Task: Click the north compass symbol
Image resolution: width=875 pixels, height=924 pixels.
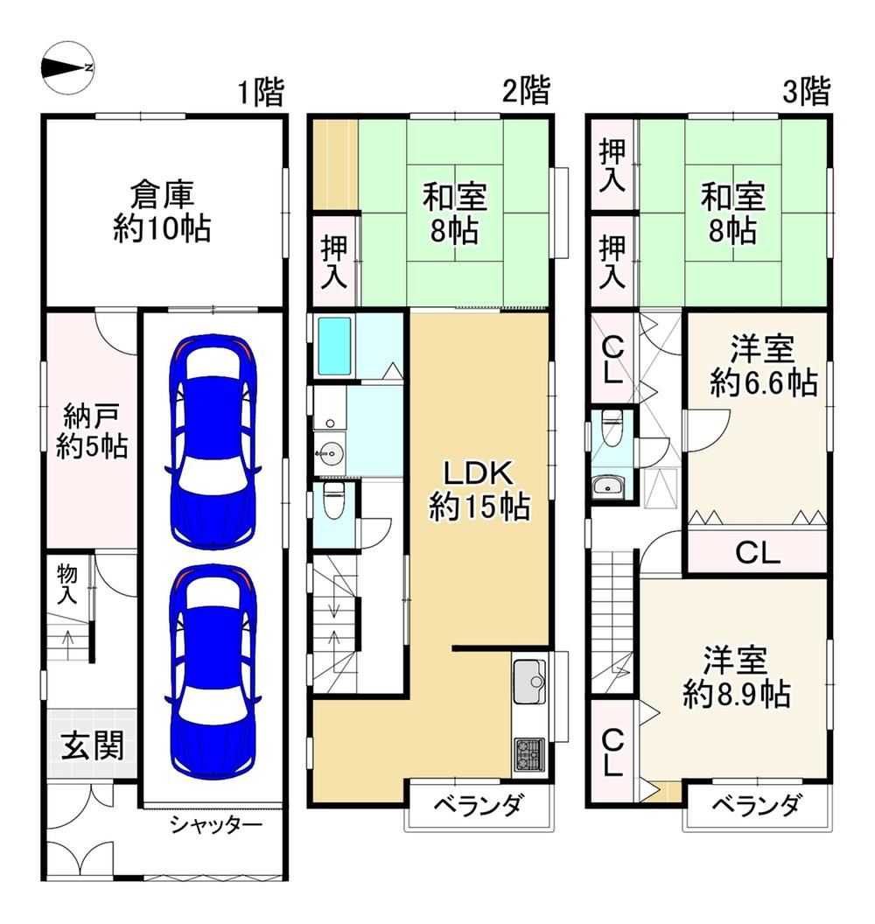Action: pos(67,67)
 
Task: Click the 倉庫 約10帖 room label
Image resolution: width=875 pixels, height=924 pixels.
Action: pos(162,212)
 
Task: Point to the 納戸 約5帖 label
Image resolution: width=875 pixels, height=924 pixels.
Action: pos(92,430)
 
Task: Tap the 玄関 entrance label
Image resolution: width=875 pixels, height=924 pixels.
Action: pos(93,745)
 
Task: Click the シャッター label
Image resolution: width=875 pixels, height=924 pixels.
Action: pos(216,825)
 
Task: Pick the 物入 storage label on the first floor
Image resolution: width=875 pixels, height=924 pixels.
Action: pos(66,584)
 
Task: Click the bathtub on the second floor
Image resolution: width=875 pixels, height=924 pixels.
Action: pos(334,346)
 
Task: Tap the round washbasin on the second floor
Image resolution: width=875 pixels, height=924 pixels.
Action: pos(329,452)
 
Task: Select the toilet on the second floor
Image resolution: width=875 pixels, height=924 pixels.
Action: pos(332,500)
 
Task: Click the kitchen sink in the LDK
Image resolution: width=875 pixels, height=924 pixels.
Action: pos(529,682)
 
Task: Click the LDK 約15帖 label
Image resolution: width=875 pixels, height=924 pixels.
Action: pos(479,490)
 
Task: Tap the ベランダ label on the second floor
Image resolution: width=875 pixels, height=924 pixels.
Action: pos(478,805)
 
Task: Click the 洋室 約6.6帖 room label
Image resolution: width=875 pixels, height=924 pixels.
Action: pos(764,365)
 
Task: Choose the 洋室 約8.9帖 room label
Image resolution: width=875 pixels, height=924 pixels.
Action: pos(737,677)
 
